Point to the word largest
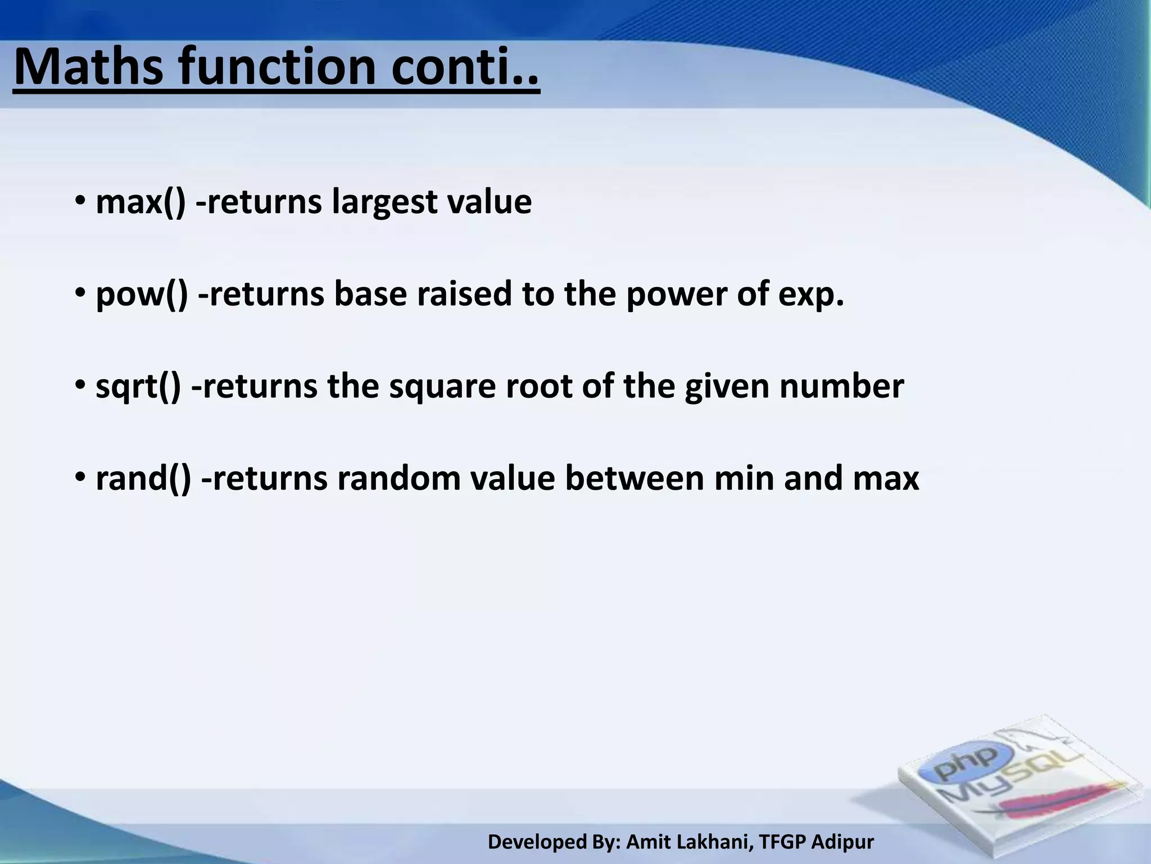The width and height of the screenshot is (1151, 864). pyautogui.click(x=384, y=202)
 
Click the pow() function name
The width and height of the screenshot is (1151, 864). pyautogui.click(x=142, y=295)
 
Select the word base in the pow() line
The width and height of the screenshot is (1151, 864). pyautogui.click(x=370, y=294)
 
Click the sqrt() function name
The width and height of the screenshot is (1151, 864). pyautogui.click(x=138, y=387)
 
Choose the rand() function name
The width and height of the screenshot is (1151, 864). pyautogui.click(x=143, y=479)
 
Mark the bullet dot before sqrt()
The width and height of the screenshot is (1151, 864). pyautogui.click(x=80, y=386)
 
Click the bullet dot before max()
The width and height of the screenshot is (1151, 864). pyautogui.click(x=80, y=201)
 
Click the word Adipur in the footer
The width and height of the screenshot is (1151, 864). pyautogui.click(x=842, y=843)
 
